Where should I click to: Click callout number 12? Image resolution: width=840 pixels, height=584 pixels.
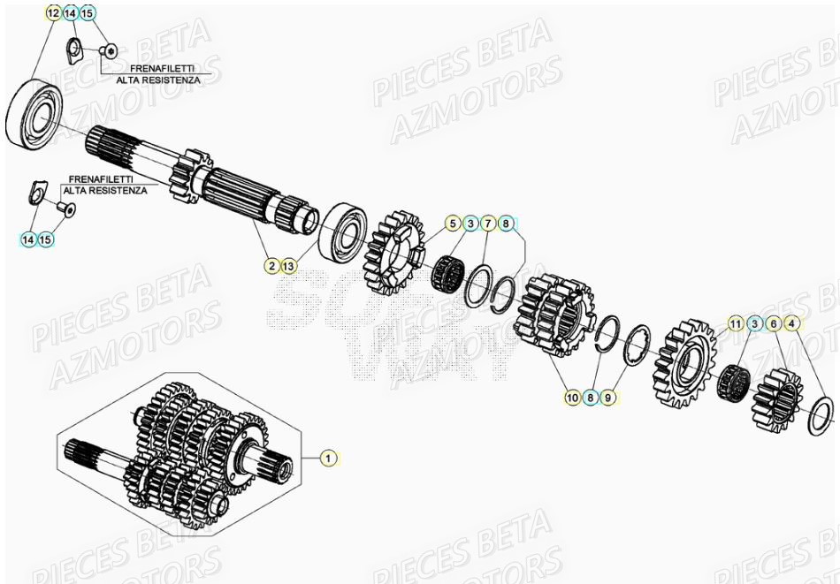pos(53,13)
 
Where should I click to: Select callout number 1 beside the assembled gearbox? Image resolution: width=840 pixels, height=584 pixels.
pos(328,458)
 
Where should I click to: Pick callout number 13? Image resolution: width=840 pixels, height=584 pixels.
pos(290,264)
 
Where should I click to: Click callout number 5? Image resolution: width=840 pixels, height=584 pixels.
pos(453,223)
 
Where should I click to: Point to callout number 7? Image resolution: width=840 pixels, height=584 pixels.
pos(487,223)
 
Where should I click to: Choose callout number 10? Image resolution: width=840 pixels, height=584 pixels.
pos(572,398)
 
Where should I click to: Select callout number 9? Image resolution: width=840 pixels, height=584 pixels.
pos(607,398)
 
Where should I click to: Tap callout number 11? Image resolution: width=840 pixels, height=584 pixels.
pos(736,323)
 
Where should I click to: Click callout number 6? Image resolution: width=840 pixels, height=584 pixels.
pos(772,323)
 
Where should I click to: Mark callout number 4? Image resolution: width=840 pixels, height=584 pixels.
pos(791,323)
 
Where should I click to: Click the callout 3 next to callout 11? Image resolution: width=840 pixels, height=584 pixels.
pos(753,323)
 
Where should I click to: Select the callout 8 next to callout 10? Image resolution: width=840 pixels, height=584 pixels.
pos(590,398)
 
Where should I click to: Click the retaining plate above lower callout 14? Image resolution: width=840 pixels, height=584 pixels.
pos(37,192)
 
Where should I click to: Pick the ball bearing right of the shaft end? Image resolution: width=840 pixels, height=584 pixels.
pos(343,231)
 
